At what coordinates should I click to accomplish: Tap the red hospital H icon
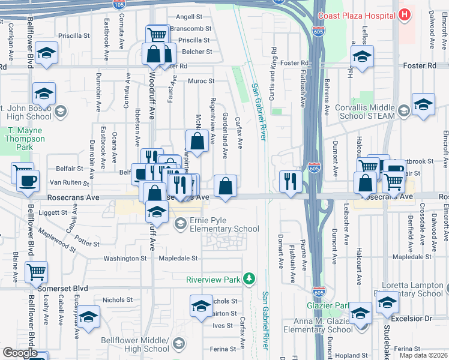pos(406,14)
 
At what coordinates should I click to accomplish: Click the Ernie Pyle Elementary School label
pos(224,224)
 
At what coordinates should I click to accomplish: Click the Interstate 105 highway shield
pos(119,4)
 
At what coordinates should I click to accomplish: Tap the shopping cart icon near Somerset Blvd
pos(36,271)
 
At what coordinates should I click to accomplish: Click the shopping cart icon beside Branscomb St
pos(157,34)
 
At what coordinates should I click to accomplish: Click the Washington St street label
pos(125,258)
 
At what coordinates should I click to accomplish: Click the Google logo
pos(20,353)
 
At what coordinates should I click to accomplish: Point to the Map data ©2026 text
pos(423,356)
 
